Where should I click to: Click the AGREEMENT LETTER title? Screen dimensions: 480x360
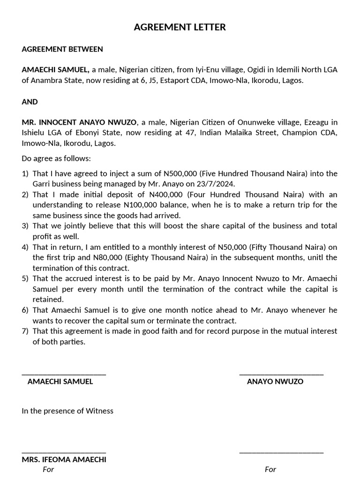pyautogui.click(x=180, y=27)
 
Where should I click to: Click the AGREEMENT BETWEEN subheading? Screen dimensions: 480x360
pyautogui.click(x=62, y=49)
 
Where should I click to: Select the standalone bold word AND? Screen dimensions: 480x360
pyautogui.click(x=30, y=101)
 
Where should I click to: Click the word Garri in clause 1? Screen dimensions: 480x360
pyautogui.click(x=42, y=184)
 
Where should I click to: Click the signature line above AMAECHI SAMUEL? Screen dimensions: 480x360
pyautogui.click(x=64, y=374)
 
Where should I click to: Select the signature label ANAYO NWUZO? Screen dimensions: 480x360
pyautogui.click(x=275, y=382)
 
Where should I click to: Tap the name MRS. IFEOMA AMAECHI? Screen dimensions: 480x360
pyautogui.click(x=64, y=459)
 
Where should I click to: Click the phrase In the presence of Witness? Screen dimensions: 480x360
pyautogui.click(x=67, y=411)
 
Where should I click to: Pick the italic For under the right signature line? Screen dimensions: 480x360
pyautogui.click(x=270, y=469)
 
